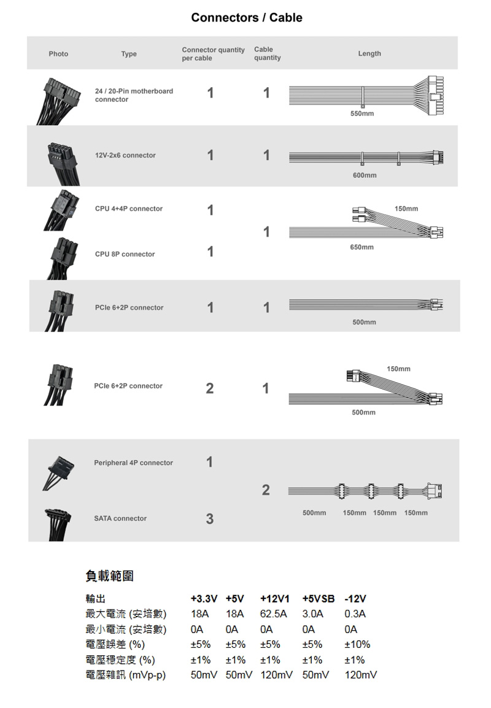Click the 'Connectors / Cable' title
pyautogui.click(x=247, y=18)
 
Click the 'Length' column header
pyautogui.click(x=369, y=53)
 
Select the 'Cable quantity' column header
pyautogui.click(x=268, y=53)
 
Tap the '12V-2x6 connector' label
pyautogui.click(x=125, y=155)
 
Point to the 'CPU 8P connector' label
pyautogui.click(x=125, y=254)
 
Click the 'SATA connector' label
pyautogui.click(x=120, y=518)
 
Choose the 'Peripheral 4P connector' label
pyautogui.click(x=133, y=463)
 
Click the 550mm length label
pyautogui.click(x=362, y=114)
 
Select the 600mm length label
pyautogui.click(x=365, y=175)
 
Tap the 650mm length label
pyautogui.click(x=362, y=247)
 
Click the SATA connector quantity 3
pyautogui.click(x=209, y=519)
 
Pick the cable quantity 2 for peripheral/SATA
pyautogui.click(x=266, y=490)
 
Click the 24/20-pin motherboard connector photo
pyautogui.click(x=59, y=101)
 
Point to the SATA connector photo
pyautogui.click(x=58, y=524)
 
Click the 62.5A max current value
pyautogui.click(x=273, y=614)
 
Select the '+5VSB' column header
pyautogui.click(x=319, y=599)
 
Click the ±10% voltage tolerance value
pyautogui.click(x=357, y=644)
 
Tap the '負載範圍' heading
pyautogui.click(x=110, y=575)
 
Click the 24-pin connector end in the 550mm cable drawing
pyautogui.click(x=436, y=96)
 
